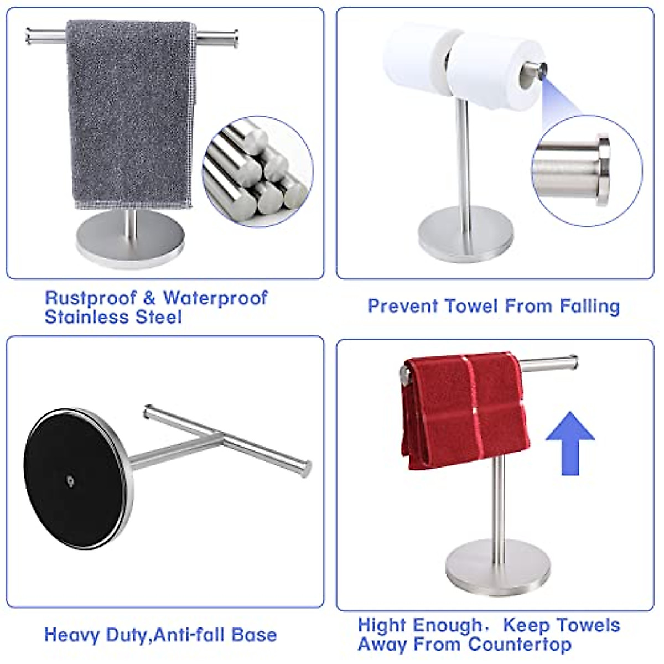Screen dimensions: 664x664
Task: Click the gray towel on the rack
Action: point(131,111)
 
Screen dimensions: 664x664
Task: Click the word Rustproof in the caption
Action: point(90,298)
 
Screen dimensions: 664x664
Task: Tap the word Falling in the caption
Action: point(589,306)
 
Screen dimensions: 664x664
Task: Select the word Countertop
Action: point(518,645)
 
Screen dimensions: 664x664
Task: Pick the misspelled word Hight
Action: point(382,625)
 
